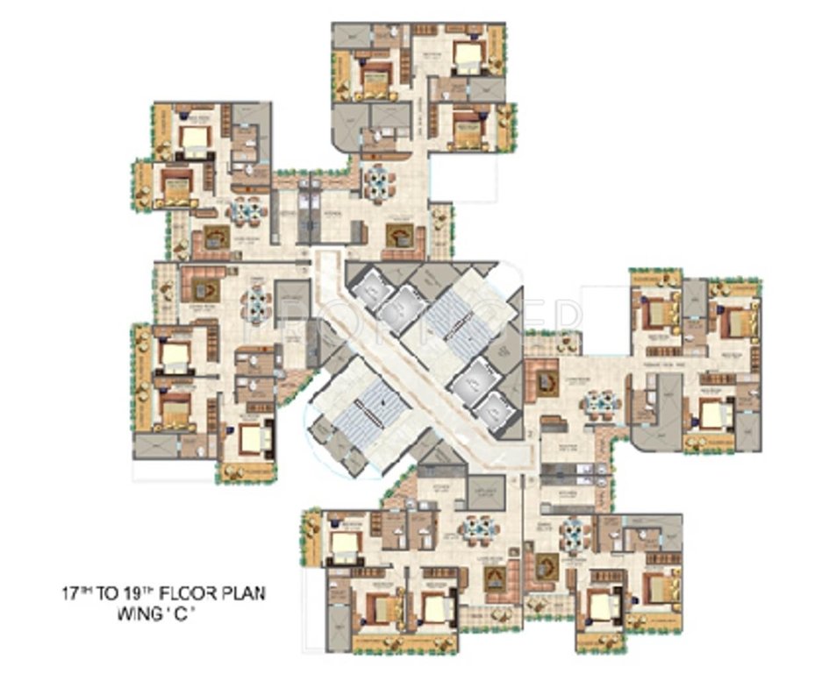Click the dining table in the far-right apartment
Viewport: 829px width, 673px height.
point(602,402)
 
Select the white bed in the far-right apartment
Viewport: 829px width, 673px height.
point(712,413)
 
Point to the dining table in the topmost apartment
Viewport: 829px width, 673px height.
point(380,181)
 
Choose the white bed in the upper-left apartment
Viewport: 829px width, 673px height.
point(195,137)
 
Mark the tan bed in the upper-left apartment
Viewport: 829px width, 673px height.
point(178,186)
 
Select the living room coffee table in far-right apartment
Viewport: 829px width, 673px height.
point(549,382)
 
